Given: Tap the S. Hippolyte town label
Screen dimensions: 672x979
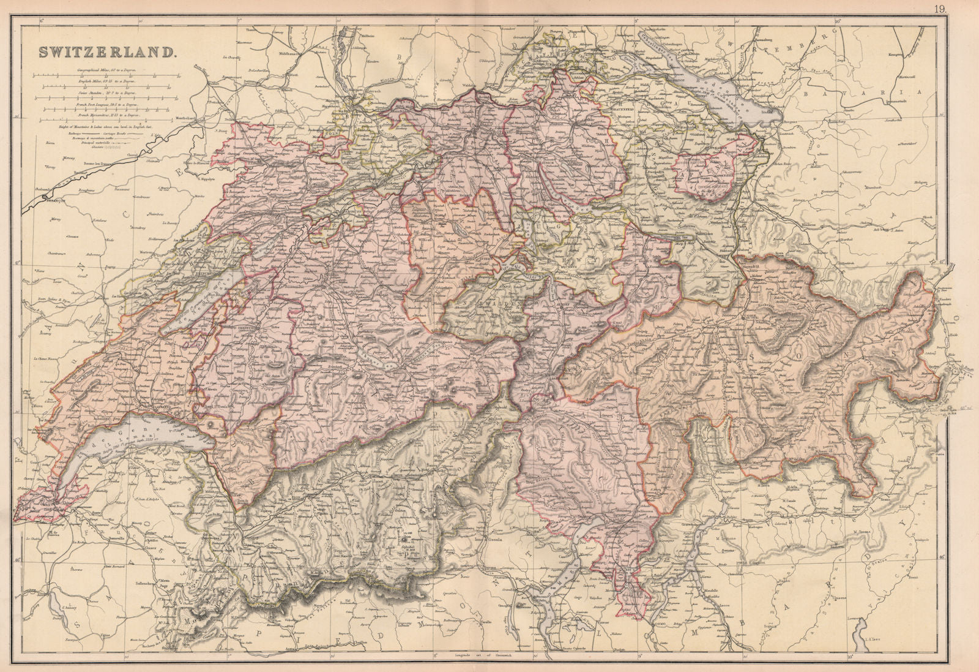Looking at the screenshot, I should tap(208, 179).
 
